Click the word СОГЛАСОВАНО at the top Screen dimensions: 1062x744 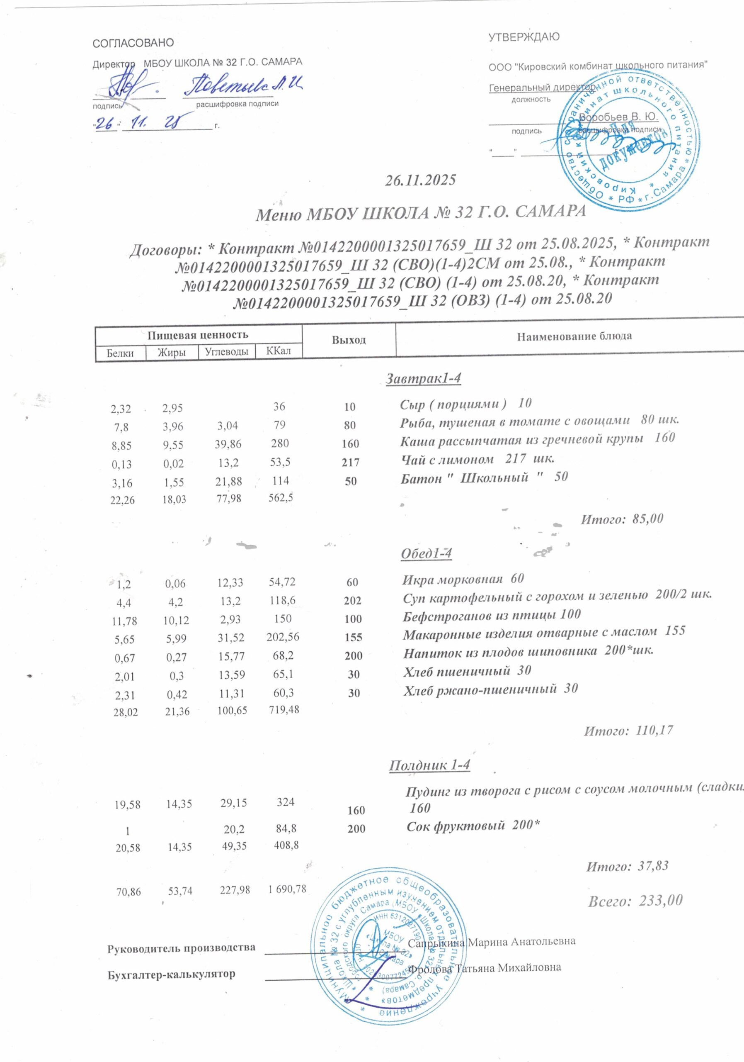[133, 43]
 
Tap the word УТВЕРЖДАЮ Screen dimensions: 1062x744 [524, 37]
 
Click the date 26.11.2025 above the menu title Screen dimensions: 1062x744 [421, 180]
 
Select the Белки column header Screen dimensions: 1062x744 [120, 353]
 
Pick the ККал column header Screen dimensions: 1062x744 [279, 351]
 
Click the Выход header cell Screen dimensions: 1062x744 [349, 340]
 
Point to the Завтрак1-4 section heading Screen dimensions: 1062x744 [423, 378]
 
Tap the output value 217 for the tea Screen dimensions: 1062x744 [351, 462]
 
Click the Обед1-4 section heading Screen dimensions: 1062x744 [426, 553]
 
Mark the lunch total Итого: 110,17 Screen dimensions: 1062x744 [628, 731]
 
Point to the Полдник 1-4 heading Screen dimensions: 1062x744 [429, 765]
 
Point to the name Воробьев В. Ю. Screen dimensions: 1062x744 [618, 117]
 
